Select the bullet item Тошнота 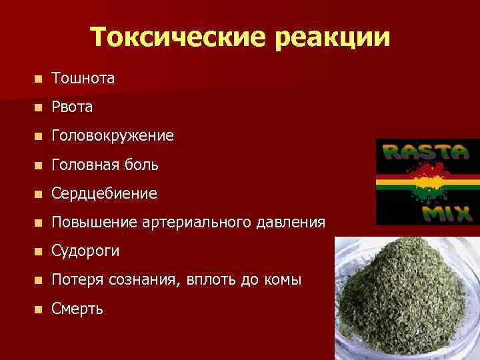tap(83, 79)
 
